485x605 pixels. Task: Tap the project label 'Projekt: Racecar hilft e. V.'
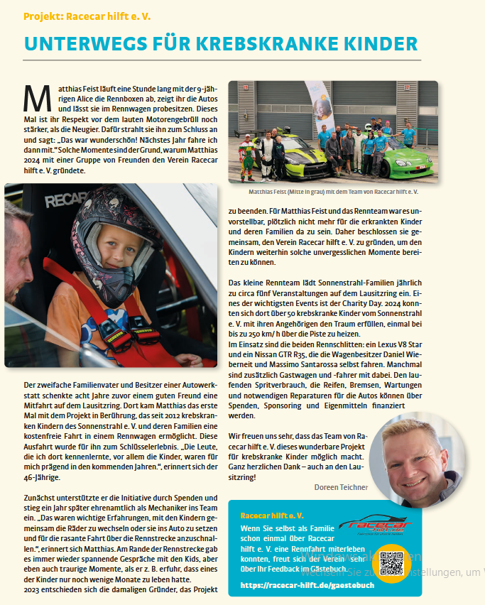[87, 15]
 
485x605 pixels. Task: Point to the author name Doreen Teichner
[340, 487]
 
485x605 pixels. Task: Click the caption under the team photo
[333, 192]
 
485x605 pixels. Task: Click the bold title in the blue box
[272, 516]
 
